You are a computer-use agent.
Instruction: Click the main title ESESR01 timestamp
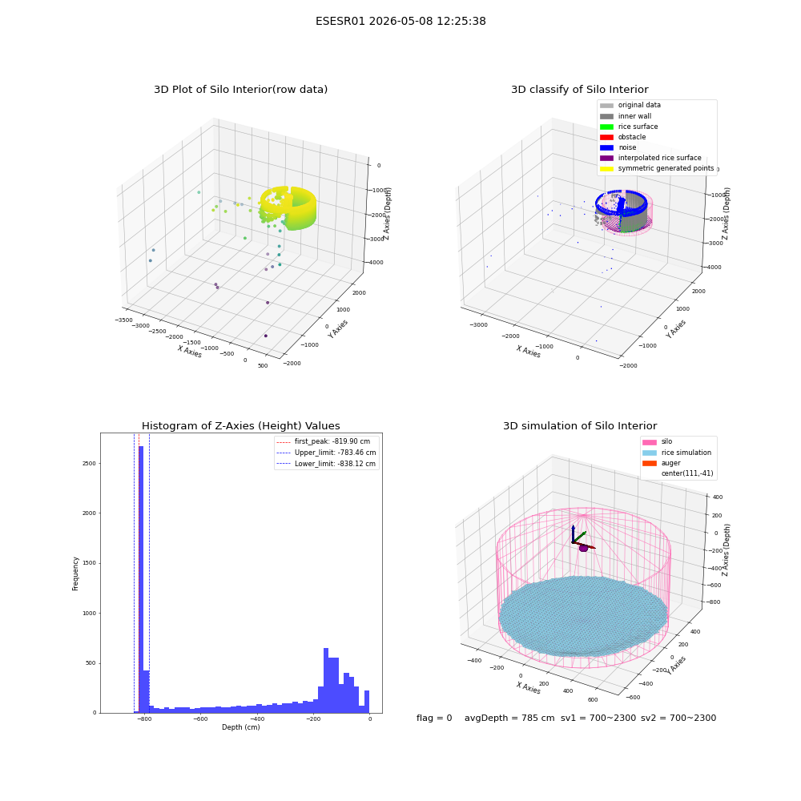click(x=400, y=21)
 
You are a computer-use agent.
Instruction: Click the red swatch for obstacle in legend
click(x=606, y=137)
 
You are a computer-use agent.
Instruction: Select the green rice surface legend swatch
click(x=606, y=127)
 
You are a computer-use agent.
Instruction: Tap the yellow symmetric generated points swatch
click(x=606, y=168)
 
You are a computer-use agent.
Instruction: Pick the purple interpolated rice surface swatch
click(x=606, y=158)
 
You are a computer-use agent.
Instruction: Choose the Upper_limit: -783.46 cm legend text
click(x=335, y=453)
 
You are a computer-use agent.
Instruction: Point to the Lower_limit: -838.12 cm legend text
click(x=335, y=464)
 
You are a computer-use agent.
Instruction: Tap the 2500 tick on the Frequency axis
click(x=89, y=463)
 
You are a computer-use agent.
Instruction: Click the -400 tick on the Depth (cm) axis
click(x=257, y=719)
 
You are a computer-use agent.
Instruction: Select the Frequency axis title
click(x=75, y=574)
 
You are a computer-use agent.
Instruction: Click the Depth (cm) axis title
click(x=240, y=727)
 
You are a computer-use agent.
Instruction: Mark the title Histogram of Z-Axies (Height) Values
click(x=240, y=425)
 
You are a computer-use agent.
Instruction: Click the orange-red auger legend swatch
click(x=650, y=463)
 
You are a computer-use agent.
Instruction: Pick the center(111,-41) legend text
click(x=687, y=473)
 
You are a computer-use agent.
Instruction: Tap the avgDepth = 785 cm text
click(x=509, y=718)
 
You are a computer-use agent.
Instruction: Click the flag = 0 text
click(x=434, y=718)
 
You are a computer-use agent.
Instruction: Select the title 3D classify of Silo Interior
click(x=580, y=90)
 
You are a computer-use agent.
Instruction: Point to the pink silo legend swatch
click(x=650, y=442)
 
